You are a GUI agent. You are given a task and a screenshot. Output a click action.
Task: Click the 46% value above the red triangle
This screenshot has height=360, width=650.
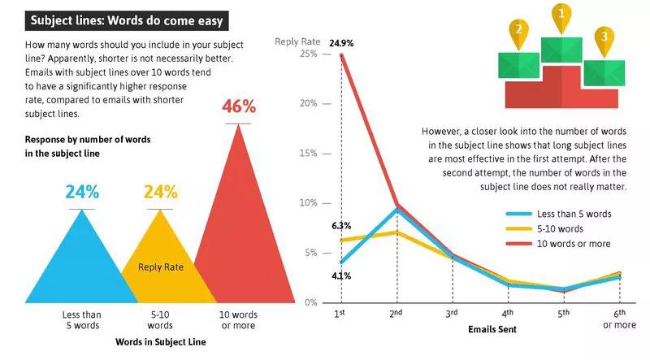[239, 106]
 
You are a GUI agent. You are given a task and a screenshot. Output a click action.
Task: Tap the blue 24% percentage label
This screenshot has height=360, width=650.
[82, 193]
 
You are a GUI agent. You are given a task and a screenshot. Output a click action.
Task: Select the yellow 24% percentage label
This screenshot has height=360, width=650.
[160, 193]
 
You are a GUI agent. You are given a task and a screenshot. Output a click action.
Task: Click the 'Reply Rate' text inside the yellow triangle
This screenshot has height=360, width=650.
[160, 266]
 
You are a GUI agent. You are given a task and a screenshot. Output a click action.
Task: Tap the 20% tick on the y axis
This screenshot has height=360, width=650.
[307, 104]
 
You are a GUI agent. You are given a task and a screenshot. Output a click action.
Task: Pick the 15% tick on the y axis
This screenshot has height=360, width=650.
[307, 154]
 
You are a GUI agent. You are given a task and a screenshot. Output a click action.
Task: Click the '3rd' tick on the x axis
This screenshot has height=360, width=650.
[453, 313]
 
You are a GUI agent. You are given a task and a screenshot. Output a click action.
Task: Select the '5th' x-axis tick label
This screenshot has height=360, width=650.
[563, 313]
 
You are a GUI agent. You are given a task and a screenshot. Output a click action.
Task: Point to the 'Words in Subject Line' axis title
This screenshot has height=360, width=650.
[160, 342]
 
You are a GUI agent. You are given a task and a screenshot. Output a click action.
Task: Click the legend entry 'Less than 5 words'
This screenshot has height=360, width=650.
[574, 214]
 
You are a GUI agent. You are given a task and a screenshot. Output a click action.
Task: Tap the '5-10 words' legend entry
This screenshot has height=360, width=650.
[560, 228]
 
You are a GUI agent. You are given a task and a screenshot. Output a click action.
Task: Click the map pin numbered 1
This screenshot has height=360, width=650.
[561, 15]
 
